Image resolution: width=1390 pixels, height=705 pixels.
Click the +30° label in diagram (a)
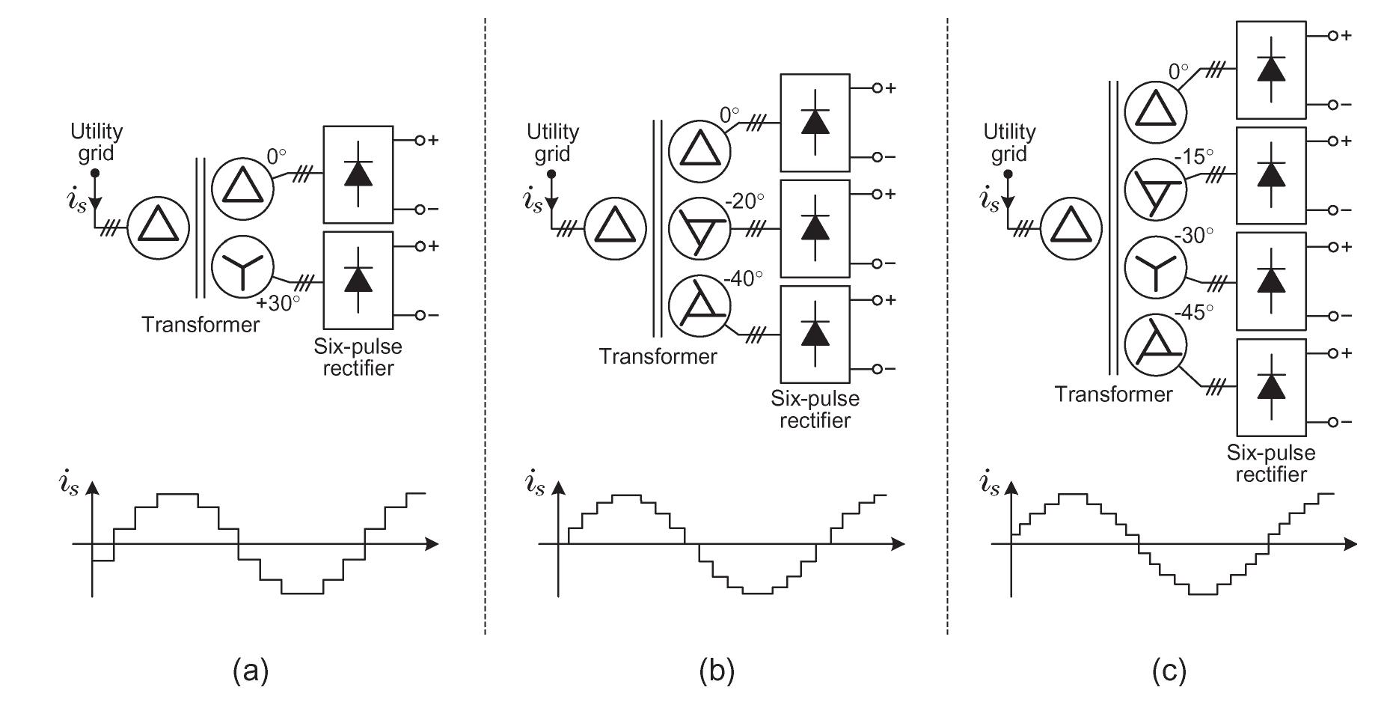coord(278,303)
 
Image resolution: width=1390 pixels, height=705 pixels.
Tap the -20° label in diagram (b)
coord(744,201)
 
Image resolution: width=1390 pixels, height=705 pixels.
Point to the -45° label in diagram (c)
coord(1194,312)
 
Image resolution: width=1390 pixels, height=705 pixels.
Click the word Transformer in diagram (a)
coord(200,325)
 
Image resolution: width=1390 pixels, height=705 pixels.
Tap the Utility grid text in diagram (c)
coord(1009,142)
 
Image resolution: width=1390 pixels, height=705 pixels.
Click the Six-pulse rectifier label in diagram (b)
coord(815,409)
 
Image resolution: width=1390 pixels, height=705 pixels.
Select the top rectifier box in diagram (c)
coord(1271,70)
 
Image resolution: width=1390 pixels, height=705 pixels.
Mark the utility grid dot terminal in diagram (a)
coord(95,174)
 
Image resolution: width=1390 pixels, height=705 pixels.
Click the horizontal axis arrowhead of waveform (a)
coord(432,544)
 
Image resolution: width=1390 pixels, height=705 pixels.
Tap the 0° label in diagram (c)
coord(1178,73)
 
